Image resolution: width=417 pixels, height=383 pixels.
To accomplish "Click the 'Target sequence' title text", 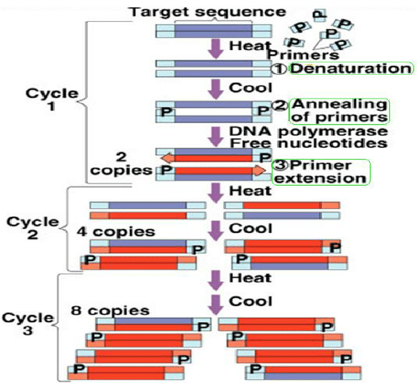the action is tap(208, 12).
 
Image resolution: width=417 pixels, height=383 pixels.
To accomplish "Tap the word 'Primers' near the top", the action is tap(304, 55).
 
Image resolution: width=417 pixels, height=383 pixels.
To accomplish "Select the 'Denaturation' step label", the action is tap(352, 68).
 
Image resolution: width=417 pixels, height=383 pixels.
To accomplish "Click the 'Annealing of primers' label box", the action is tap(339, 111).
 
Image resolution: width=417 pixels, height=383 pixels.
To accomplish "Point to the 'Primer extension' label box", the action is tap(321, 172).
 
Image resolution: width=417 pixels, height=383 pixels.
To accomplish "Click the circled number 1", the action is tap(279, 69).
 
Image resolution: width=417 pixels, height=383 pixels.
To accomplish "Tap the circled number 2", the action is tap(280, 106).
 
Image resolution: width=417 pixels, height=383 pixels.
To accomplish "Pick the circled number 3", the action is tap(280, 165).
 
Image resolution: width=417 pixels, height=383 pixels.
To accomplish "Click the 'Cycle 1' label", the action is tap(52, 99).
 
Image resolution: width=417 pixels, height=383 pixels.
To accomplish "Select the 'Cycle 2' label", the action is tap(33, 228).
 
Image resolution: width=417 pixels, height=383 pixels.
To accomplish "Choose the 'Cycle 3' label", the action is tap(28, 324).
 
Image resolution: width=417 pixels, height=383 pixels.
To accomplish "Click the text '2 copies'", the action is tap(121, 164).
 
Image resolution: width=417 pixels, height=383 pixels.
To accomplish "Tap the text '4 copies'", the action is tap(116, 231).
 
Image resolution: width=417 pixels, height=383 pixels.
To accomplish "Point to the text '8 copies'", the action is tap(110, 310).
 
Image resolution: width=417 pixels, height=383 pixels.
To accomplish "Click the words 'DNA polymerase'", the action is tap(309, 131).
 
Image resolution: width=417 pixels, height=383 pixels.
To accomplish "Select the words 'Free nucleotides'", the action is tap(309, 144).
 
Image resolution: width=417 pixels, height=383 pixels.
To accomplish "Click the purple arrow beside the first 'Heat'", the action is tap(216, 49).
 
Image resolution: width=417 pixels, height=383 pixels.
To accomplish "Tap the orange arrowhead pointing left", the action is tap(167, 159).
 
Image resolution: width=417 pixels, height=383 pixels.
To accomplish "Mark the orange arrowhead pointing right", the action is tap(259, 170).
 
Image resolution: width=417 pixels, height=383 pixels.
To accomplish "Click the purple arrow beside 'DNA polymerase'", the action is tap(216, 137).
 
